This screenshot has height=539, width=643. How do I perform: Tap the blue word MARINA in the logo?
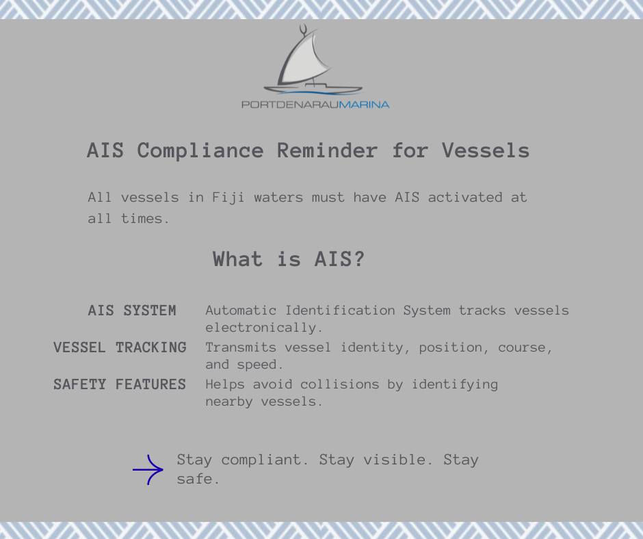[x=364, y=105]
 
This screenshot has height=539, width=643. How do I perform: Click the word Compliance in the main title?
[x=200, y=150]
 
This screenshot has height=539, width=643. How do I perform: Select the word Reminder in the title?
[x=327, y=150]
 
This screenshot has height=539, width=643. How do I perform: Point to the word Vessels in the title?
[x=486, y=150]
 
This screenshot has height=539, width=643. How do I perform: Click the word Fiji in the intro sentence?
[x=228, y=197]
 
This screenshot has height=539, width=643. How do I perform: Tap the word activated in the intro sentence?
[x=465, y=197]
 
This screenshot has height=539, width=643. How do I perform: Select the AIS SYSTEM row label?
[x=132, y=311]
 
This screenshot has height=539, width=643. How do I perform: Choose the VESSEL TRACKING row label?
[x=120, y=347]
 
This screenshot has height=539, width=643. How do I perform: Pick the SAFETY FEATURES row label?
[x=120, y=384]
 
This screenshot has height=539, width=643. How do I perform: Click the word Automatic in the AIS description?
[x=241, y=310]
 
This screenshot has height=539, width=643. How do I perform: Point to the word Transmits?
[x=241, y=347]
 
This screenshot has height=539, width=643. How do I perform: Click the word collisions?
[x=339, y=384]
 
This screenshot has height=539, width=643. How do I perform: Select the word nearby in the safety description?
[x=229, y=402]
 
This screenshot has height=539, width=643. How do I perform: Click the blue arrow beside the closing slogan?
[x=148, y=470]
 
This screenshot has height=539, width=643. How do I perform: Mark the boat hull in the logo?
[x=313, y=90]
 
